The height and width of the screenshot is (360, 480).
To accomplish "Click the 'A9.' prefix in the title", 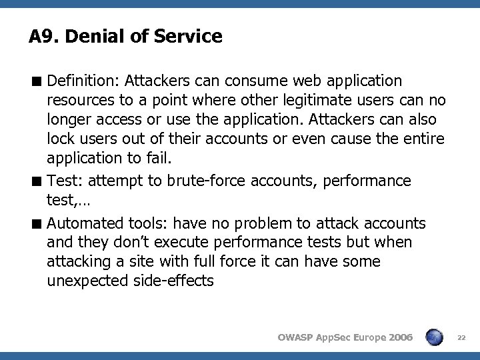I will coord(41,36).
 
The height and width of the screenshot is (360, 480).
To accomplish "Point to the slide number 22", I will coord(461,338).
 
